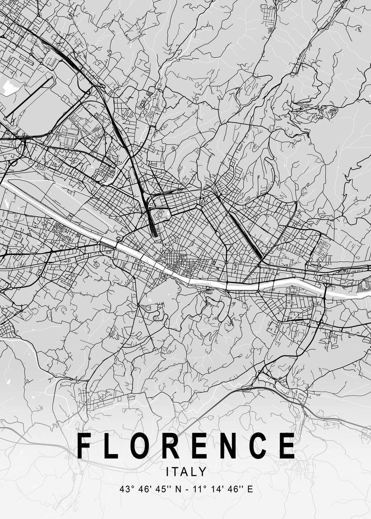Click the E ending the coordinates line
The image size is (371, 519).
(250, 490)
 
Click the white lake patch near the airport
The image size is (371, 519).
(9, 87)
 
